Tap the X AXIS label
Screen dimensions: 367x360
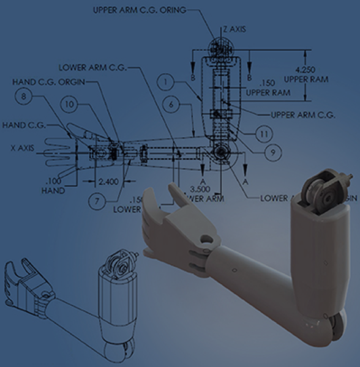pyautogui.click(x=24, y=147)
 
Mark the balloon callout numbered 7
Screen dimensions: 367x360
pyautogui.click(x=96, y=199)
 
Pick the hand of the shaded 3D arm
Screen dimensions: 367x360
pyautogui.click(x=165, y=226)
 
